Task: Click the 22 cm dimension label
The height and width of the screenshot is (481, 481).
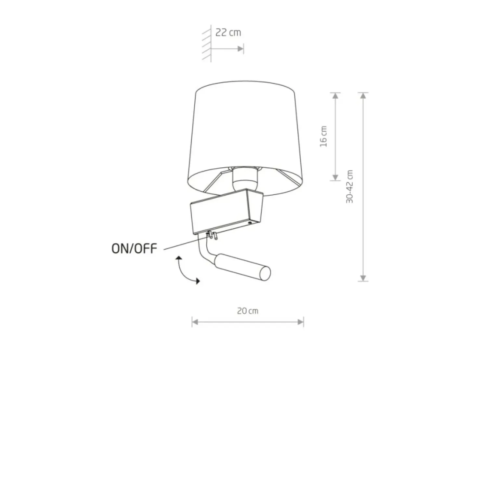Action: [x=228, y=32]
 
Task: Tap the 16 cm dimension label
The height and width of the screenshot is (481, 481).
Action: [x=324, y=136]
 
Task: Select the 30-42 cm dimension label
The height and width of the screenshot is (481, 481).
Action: [x=350, y=187]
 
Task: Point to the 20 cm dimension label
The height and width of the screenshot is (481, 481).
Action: [x=248, y=311]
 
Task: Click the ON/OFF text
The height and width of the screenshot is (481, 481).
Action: [x=134, y=249]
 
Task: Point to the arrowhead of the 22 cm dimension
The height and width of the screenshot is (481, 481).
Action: [x=240, y=49]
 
